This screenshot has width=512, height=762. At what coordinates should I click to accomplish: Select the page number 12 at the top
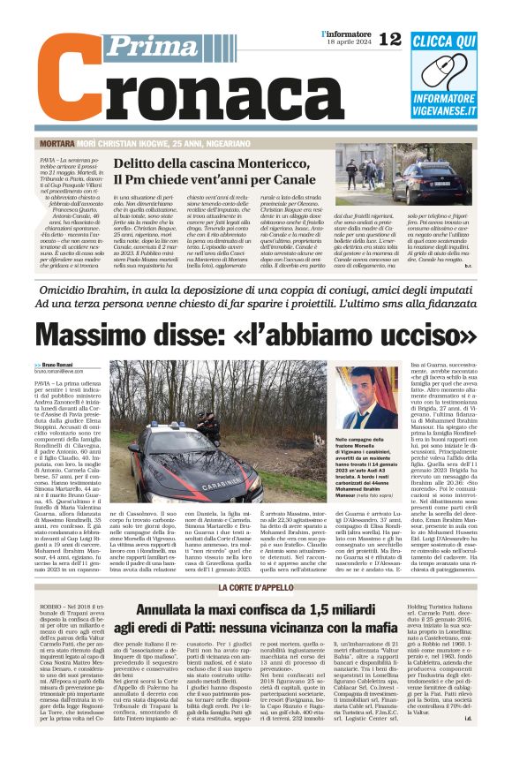tap(389, 39)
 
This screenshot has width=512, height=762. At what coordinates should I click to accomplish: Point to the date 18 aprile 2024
tap(347, 42)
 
